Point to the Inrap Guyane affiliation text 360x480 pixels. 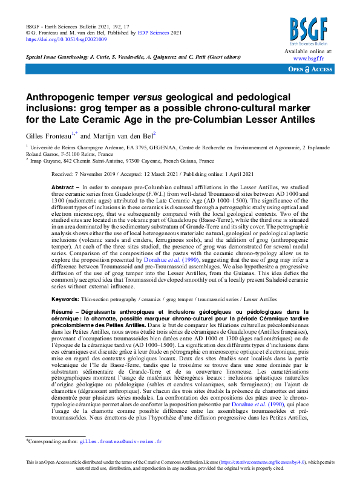(x=48, y=161)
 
